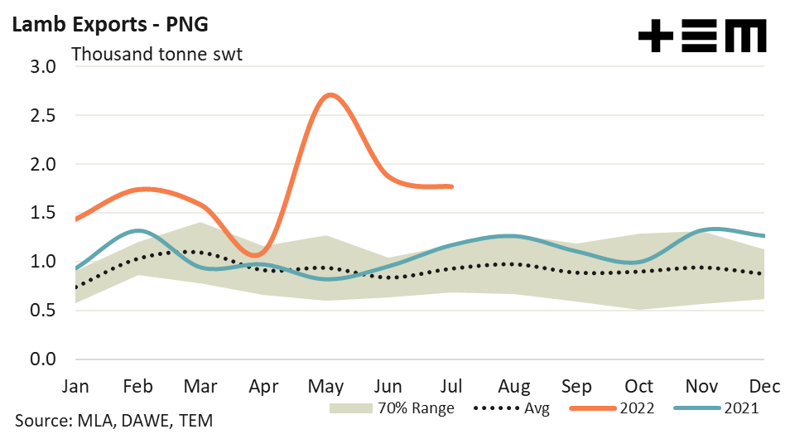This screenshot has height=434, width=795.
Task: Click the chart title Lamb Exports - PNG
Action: (x=108, y=24)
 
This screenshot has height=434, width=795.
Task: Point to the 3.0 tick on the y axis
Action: (x=41, y=67)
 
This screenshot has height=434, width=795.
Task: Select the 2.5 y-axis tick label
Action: (x=41, y=116)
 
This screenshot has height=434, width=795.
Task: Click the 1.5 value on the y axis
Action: (x=41, y=213)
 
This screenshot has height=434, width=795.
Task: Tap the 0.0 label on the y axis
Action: (x=41, y=359)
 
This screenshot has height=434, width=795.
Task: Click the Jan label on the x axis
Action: (x=75, y=386)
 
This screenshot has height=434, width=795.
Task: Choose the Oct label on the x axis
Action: (x=638, y=386)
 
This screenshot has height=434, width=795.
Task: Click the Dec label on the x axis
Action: (x=762, y=386)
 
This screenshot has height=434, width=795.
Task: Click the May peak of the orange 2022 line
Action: (x=330, y=95)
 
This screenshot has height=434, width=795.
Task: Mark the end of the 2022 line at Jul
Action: (x=451, y=186)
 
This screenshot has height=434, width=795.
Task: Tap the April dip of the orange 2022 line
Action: (x=258, y=254)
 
